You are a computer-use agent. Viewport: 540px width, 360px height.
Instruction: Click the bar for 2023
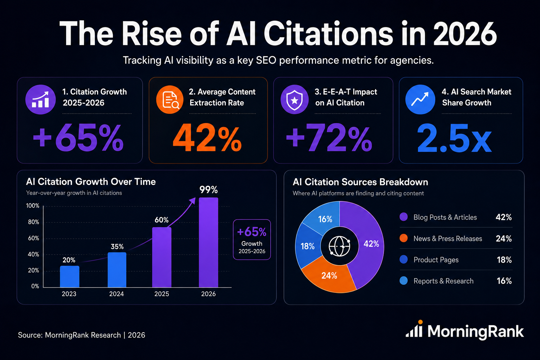click(x=69, y=276)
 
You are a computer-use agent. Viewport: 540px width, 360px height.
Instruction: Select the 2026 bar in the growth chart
click(x=208, y=242)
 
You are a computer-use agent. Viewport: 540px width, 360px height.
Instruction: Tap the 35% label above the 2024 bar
click(x=117, y=246)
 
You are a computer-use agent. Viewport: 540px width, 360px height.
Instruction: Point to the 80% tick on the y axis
click(x=33, y=222)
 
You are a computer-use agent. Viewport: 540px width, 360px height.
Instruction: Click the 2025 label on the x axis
click(x=161, y=294)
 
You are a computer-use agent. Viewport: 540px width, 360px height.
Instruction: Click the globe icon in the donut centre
click(x=339, y=246)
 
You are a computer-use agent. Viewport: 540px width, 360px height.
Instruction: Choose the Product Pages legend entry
click(x=436, y=260)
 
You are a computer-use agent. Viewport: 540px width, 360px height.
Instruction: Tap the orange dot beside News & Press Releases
click(x=404, y=238)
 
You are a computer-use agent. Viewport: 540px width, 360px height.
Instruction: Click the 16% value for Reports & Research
click(x=504, y=281)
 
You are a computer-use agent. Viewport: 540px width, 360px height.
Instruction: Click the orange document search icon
click(x=170, y=99)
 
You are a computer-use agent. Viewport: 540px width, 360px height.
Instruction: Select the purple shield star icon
click(x=294, y=99)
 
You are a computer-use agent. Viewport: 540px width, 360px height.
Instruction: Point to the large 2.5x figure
click(x=454, y=138)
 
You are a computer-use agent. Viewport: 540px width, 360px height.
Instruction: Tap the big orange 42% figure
click(x=207, y=138)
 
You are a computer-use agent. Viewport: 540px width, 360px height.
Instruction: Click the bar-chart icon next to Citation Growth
click(x=40, y=99)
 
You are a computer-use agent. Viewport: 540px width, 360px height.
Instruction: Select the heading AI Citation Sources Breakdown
click(x=360, y=182)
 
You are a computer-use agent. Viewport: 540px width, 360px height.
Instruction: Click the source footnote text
click(x=82, y=335)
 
